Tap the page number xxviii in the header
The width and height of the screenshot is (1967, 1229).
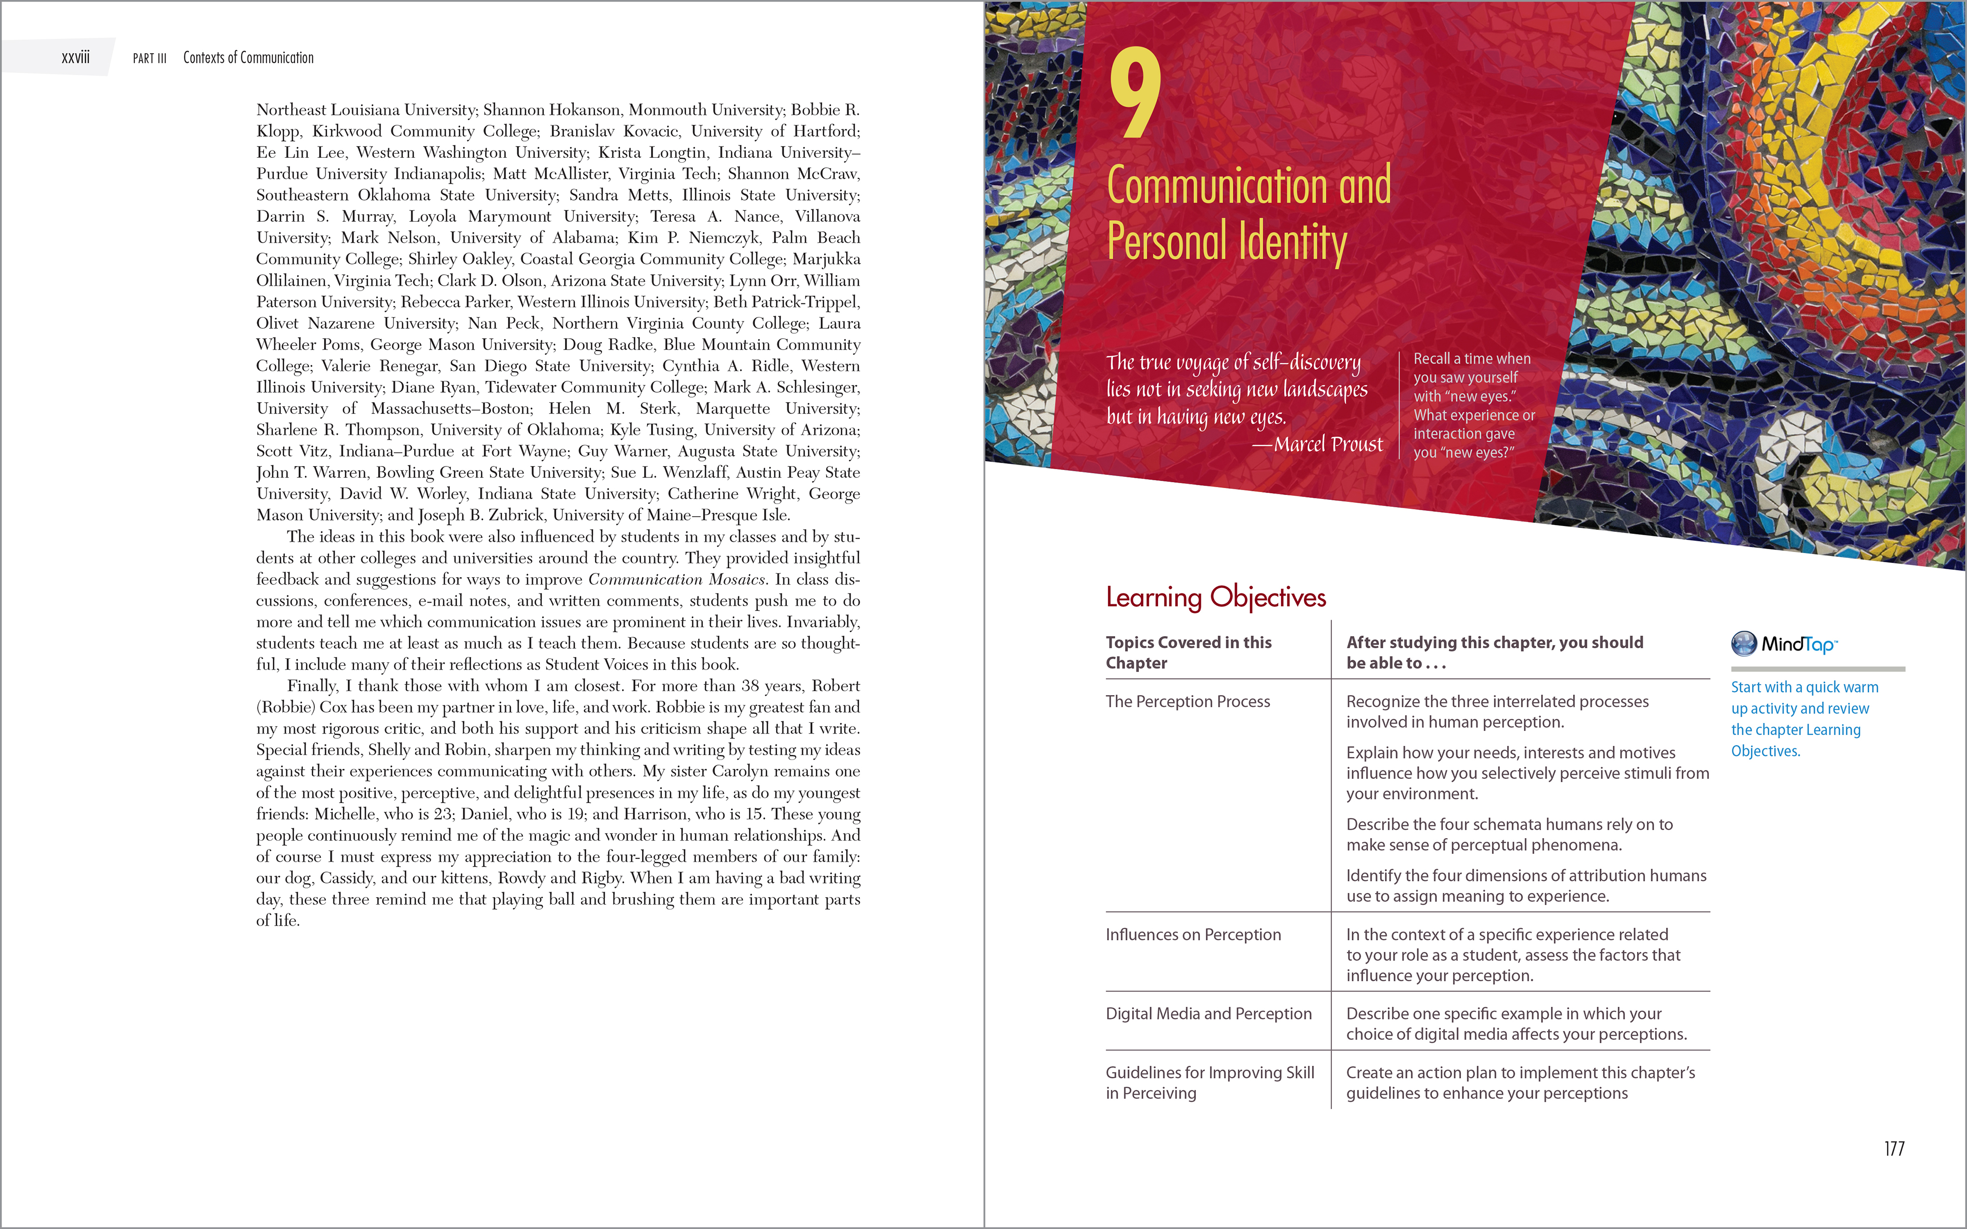click(x=76, y=57)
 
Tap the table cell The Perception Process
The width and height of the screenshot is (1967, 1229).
click(x=1188, y=702)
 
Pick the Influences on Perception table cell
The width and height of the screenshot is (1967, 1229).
click(x=1192, y=935)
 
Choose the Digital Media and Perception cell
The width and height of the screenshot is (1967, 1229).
click(x=1208, y=1014)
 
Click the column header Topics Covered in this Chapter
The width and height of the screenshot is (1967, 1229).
click(x=1189, y=652)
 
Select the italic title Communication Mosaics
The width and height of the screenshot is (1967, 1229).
click(x=676, y=580)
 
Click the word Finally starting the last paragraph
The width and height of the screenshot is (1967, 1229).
click(x=311, y=686)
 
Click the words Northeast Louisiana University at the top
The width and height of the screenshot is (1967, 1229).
click(x=366, y=110)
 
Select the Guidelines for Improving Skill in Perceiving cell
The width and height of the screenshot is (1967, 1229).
click(x=1210, y=1083)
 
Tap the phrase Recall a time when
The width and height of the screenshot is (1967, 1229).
click(x=1471, y=358)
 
